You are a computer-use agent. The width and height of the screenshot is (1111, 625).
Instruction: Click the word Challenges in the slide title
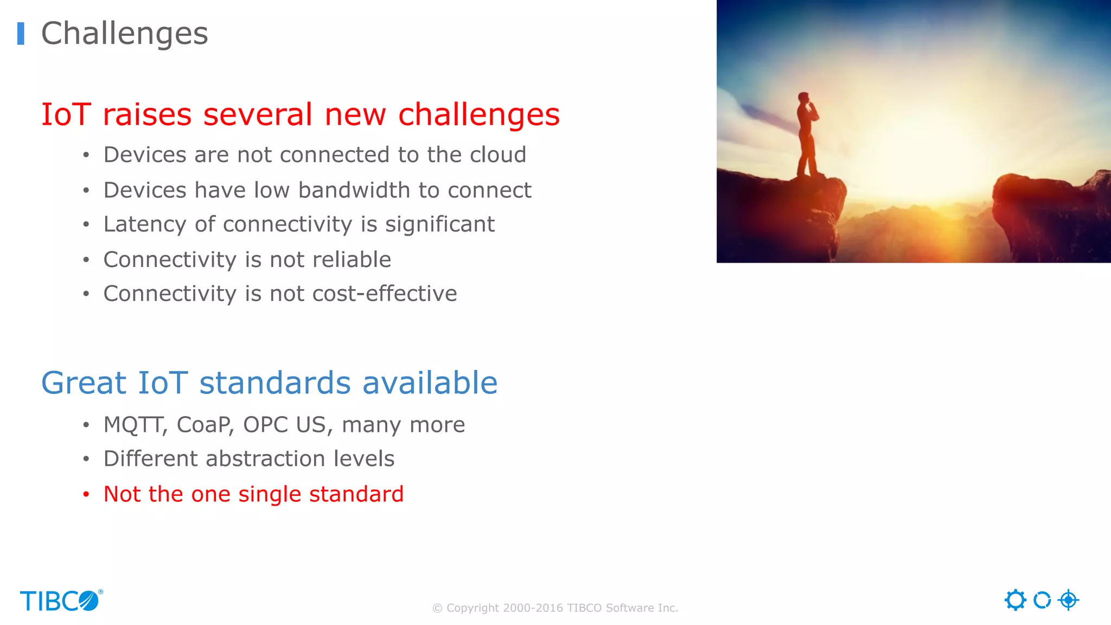(x=124, y=34)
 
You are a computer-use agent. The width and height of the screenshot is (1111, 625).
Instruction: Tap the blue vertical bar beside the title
(x=21, y=34)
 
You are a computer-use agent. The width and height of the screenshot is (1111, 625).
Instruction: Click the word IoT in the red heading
(x=66, y=114)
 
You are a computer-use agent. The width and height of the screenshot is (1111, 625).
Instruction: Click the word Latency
(x=144, y=225)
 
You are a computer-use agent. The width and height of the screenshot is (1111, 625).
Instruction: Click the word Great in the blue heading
(x=84, y=382)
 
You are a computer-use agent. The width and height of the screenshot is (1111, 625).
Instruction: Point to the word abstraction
(x=265, y=459)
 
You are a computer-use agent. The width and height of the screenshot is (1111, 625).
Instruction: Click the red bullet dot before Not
(x=86, y=494)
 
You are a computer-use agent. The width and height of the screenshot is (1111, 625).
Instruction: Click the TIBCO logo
(x=61, y=601)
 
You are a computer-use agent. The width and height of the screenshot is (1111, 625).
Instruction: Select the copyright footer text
(x=555, y=608)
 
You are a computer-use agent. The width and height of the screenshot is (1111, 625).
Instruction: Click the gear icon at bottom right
(x=1015, y=600)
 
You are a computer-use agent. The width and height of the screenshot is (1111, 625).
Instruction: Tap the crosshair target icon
(x=1068, y=600)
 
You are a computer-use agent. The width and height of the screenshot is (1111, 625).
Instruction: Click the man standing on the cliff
(x=807, y=136)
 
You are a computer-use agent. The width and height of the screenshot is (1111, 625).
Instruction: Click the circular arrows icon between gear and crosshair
(x=1042, y=600)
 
